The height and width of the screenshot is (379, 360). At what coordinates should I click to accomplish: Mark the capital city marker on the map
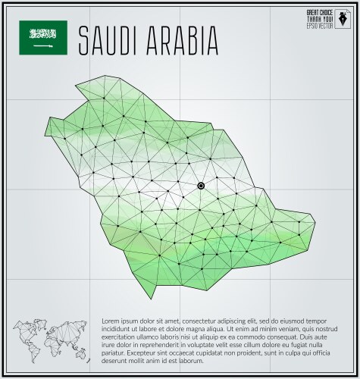point(201,186)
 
